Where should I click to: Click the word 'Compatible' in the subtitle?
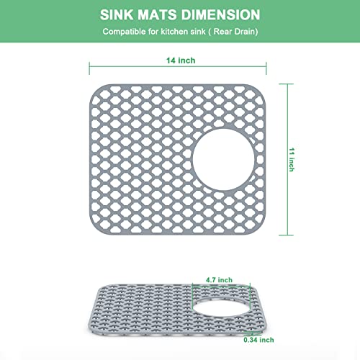(124, 32)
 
